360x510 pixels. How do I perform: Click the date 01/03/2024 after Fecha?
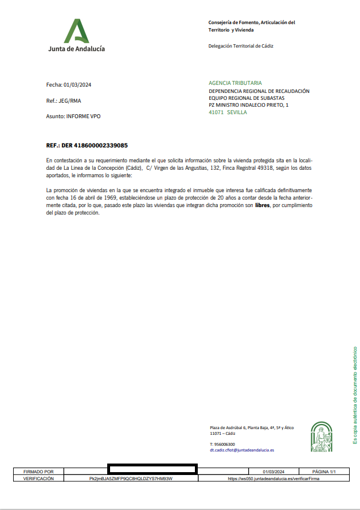(x=77, y=85)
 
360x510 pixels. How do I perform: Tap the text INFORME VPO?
(x=83, y=116)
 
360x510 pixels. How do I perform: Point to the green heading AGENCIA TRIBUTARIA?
(x=235, y=83)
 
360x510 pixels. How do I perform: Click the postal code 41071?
(x=216, y=112)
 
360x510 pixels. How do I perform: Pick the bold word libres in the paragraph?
(x=263, y=205)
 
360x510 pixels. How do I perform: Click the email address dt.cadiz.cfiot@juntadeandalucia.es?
(x=242, y=450)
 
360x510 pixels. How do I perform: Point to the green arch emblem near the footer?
(x=321, y=437)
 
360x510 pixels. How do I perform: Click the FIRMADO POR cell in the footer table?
(x=38, y=472)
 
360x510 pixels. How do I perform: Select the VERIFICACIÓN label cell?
(x=38, y=478)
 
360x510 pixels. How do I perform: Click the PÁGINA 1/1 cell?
(x=324, y=472)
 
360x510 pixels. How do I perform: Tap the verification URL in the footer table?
(x=273, y=478)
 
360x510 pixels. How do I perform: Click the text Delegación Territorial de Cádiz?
(x=241, y=46)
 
